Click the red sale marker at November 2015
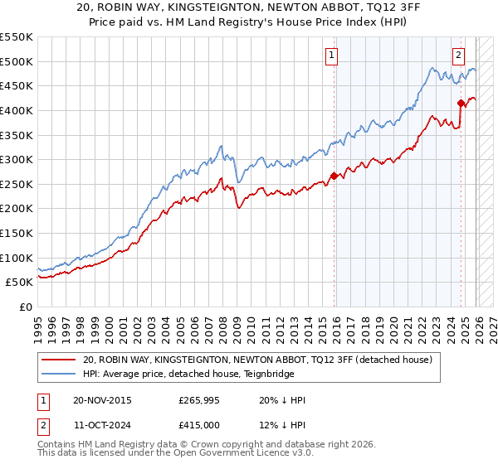pyautogui.click(x=334, y=176)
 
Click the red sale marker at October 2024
pyautogui.click(x=461, y=103)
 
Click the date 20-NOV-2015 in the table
pyautogui.click(x=101, y=400)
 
